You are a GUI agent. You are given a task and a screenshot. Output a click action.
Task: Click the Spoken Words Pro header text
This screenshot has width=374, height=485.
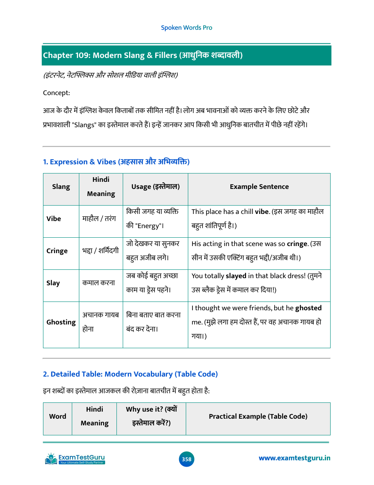(x=187, y=28)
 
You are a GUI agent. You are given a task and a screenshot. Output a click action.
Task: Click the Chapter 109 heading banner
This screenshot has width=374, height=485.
(x=186, y=55)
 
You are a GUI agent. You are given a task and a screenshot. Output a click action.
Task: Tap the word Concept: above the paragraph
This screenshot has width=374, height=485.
(x=56, y=93)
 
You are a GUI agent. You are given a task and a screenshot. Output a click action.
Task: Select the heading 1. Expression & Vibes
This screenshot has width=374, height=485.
(x=116, y=162)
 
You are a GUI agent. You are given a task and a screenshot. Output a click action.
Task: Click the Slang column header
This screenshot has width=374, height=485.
(x=61, y=187)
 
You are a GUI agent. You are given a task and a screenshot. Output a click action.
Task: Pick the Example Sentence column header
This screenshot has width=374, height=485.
(x=259, y=187)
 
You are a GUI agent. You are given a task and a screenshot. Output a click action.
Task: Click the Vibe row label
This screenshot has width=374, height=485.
(x=54, y=219)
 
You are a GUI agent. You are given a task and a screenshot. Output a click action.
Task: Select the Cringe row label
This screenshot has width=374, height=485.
(x=57, y=251)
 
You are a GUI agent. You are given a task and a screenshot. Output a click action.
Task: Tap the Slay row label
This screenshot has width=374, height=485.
(x=53, y=283)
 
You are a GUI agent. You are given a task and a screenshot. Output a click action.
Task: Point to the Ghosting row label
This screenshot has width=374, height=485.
(x=61, y=322)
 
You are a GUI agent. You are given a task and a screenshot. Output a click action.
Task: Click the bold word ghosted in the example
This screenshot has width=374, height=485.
(x=308, y=308)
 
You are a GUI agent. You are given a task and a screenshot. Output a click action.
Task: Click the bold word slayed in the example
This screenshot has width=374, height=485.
(x=236, y=276)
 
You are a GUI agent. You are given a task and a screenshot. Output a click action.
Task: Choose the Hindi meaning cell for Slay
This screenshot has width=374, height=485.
(x=99, y=283)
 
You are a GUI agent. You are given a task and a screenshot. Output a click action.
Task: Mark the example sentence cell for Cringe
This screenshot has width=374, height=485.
(x=259, y=251)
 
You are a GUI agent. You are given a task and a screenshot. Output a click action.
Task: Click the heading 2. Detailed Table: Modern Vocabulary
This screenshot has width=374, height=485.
(x=131, y=374)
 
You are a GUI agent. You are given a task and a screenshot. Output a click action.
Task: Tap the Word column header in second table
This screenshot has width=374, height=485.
(x=58, y=416)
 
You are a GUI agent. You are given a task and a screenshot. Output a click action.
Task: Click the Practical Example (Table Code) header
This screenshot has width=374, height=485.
(x=258, y=416)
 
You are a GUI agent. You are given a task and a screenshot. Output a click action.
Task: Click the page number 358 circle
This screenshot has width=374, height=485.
(x=187, y=459)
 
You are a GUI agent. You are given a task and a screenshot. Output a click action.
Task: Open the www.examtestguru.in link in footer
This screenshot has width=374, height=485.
(x=295, y=458)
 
